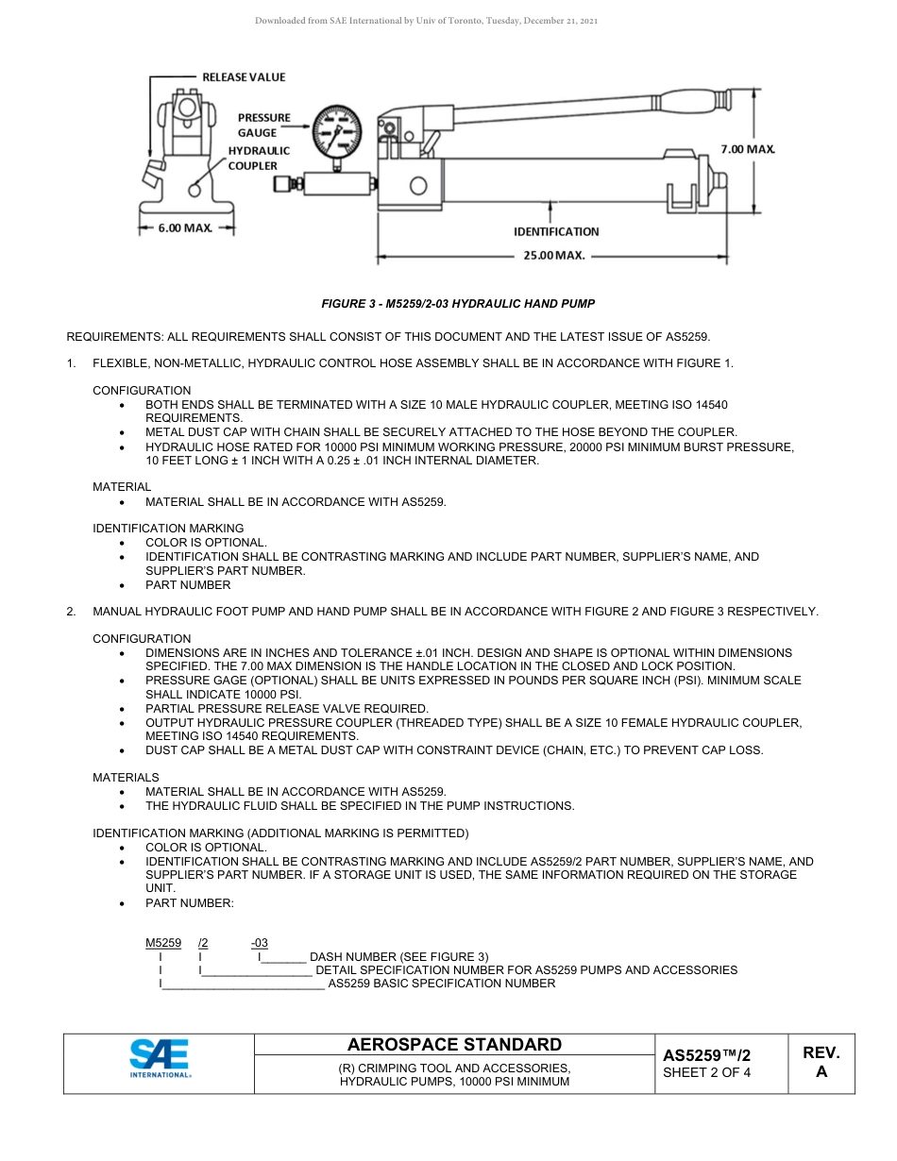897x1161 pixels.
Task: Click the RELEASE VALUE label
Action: (244, 76)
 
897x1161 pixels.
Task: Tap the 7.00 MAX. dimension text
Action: (748, 149)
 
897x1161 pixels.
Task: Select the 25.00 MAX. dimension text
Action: (555, 255)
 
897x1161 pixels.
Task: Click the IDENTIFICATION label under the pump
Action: (556, 231)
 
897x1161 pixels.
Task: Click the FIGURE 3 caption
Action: (458, 304)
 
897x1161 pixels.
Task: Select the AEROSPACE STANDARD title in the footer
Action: (454, 1045)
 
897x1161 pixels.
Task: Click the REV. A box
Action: (821, 1062)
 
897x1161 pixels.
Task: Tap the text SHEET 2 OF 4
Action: (706, 1072)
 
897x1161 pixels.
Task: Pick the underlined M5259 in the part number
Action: (162, 943)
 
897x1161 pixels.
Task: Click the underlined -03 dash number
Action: (259, 943)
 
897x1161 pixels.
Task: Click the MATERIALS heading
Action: (126, 777)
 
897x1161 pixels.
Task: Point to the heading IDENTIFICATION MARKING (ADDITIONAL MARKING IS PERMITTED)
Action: (280, 833)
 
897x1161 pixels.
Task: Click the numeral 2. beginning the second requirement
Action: (71, 612)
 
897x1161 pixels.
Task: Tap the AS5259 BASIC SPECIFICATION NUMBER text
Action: (441, 984)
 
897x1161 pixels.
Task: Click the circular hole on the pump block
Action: (417, 184)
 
